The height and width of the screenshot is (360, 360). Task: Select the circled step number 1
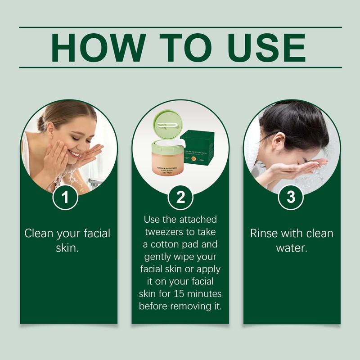(66, 198)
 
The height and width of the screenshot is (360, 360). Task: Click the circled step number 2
(180, 198)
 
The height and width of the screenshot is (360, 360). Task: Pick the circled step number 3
(291, 198)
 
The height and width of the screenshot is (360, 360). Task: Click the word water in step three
(291, 247)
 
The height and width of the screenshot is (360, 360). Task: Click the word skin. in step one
(66, 247)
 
